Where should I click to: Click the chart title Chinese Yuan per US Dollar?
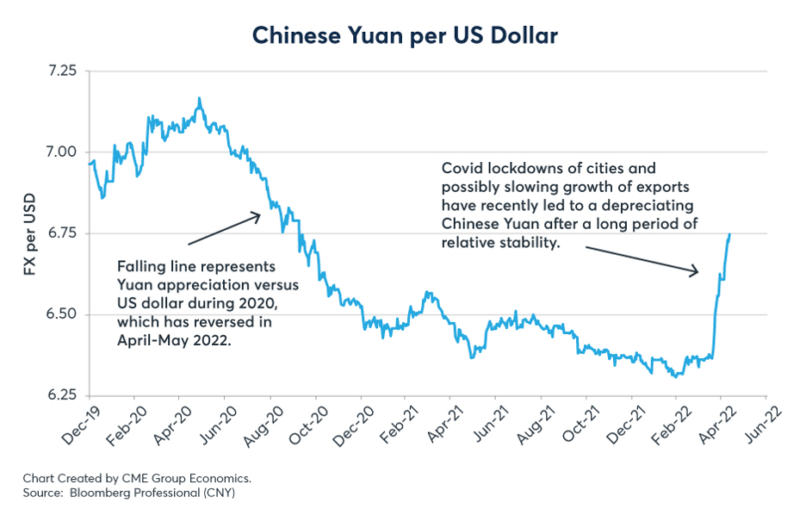click(404, 35)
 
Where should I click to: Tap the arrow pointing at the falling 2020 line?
click(223, 229)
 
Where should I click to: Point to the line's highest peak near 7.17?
click(200, 99)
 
